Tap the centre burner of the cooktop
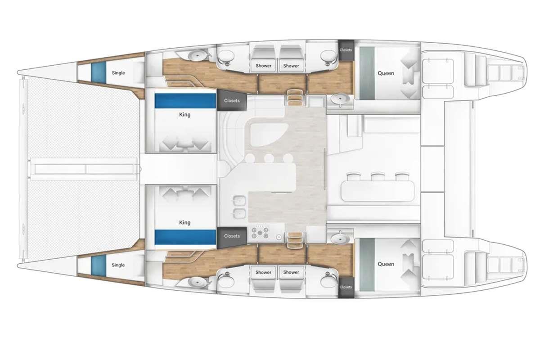click(260, 233)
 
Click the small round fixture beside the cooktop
click(279, 237)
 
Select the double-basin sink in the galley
click(239, 207)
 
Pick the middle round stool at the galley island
click(269, 158)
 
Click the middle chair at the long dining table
click(378, 177)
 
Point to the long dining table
click(378, 191)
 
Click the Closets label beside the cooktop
click(232, 236)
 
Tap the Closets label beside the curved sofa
click(232, 100)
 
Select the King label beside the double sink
click(184, 222)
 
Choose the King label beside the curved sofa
click(184, 115)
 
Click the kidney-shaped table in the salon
click(269, 135)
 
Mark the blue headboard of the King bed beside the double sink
click(185, 237)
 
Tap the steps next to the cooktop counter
click(295, 240)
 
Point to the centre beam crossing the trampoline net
click(85, 169)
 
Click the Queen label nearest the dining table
click(386, 264)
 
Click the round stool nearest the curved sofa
click(250, 158)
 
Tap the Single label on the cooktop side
click(118, 265)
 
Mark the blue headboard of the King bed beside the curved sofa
click(185, 101)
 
